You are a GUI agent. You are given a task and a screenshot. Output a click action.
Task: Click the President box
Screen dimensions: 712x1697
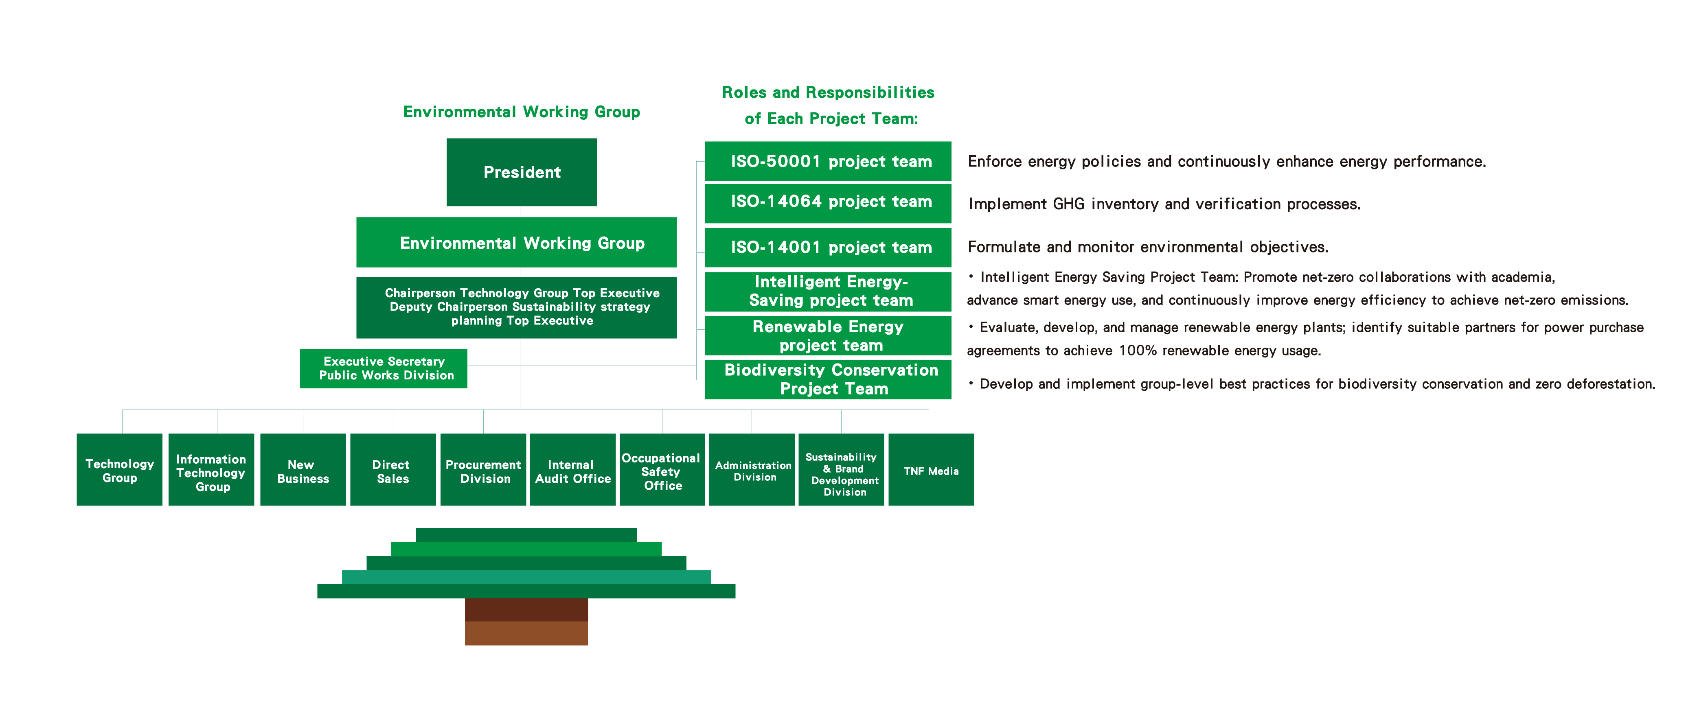(x=521, y=172)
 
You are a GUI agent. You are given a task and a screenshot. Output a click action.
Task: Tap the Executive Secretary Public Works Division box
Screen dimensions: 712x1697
(x=384, y=368)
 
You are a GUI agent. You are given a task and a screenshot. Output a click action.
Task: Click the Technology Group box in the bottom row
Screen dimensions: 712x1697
(x=119, y=470)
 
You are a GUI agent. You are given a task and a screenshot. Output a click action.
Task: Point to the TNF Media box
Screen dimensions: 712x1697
(x=930, y=470)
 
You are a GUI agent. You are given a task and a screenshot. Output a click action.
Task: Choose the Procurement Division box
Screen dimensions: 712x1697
(x=483, y=470)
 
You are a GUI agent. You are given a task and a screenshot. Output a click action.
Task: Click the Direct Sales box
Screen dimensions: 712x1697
(x=392, y=470)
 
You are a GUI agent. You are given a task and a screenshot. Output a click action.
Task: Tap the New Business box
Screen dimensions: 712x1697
(x=303, y=470)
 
